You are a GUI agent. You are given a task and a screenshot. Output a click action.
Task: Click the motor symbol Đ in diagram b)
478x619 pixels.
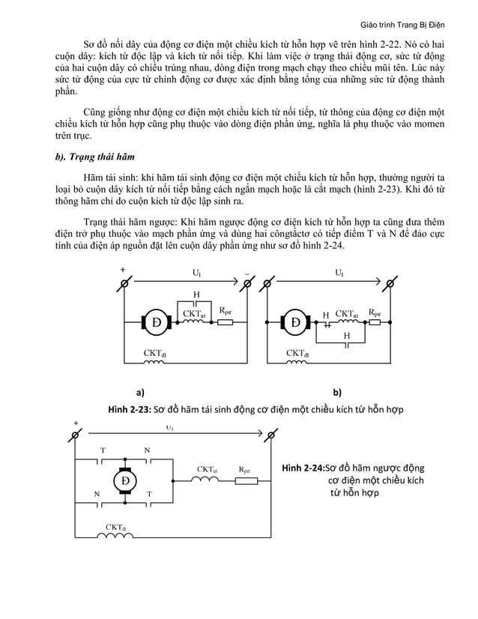click(295, 322)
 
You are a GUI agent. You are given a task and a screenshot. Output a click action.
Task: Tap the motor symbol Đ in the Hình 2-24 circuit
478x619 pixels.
click(124, 480)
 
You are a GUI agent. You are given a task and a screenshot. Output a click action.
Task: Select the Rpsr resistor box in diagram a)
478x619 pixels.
click(224, 322)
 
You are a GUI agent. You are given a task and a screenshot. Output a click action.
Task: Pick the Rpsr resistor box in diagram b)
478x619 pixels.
click(375, 322)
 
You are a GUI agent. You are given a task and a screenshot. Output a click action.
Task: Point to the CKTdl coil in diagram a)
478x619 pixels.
click(154, 363)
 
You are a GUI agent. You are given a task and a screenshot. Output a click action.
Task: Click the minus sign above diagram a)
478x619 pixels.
click(246, 274)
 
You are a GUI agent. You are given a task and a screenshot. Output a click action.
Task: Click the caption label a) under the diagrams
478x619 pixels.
click(140, 391)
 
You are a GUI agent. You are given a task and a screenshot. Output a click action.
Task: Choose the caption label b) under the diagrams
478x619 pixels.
click(337, 391)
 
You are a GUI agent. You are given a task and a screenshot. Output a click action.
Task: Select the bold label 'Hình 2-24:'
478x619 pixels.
click(303, 468)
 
